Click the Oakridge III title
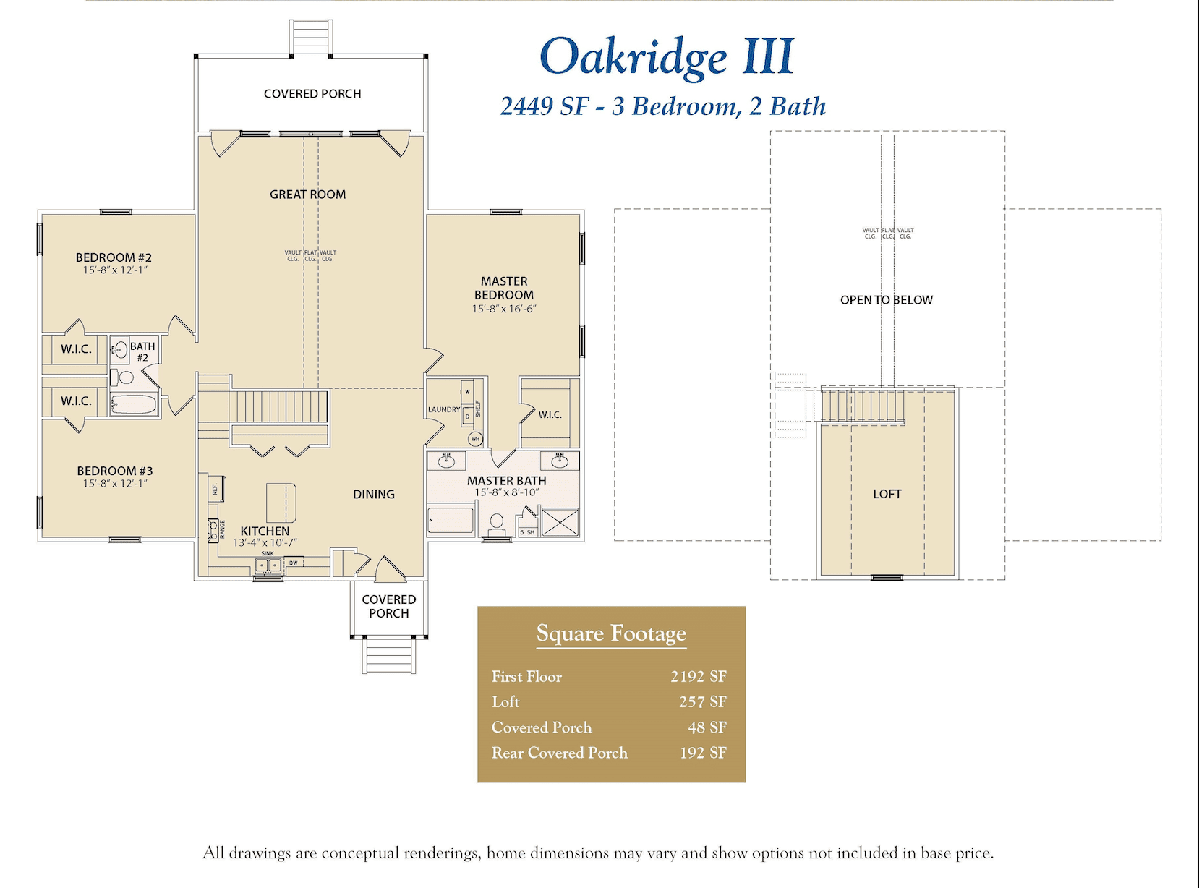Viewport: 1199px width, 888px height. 666,56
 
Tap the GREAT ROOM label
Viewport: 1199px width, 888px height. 307,195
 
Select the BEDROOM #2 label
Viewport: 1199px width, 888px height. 114,257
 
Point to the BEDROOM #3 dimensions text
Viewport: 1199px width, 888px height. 115,484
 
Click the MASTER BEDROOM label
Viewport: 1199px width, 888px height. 504,288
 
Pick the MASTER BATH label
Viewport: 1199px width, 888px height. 506,481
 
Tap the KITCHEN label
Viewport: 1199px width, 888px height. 265,531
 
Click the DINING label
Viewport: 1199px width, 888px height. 374,495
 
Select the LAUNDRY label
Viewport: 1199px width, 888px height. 443,409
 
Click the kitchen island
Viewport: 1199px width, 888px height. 281,503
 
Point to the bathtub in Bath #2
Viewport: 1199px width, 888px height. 135,405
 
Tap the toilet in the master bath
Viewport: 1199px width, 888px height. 497,523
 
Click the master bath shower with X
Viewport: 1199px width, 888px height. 560,523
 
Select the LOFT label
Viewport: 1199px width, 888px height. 887,495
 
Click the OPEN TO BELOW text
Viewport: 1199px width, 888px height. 886,300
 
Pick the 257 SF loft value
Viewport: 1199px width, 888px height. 702,702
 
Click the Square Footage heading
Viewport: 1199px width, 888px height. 611,633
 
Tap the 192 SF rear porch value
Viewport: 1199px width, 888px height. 703,753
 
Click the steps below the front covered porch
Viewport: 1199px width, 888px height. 389,655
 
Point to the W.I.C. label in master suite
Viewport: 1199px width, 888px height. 550,415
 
